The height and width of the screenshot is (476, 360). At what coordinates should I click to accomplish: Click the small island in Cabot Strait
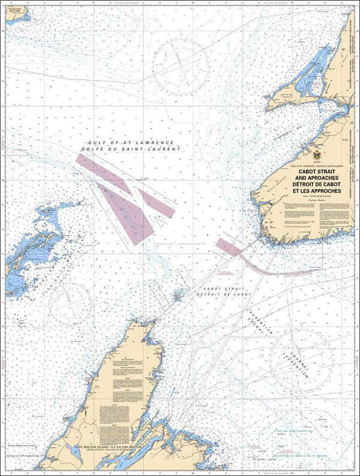[x=178, y=295]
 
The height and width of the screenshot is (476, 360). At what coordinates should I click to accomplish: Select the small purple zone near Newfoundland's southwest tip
[x=228, y=245]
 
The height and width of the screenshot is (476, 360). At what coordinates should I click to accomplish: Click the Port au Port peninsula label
[x=282, y=95]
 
